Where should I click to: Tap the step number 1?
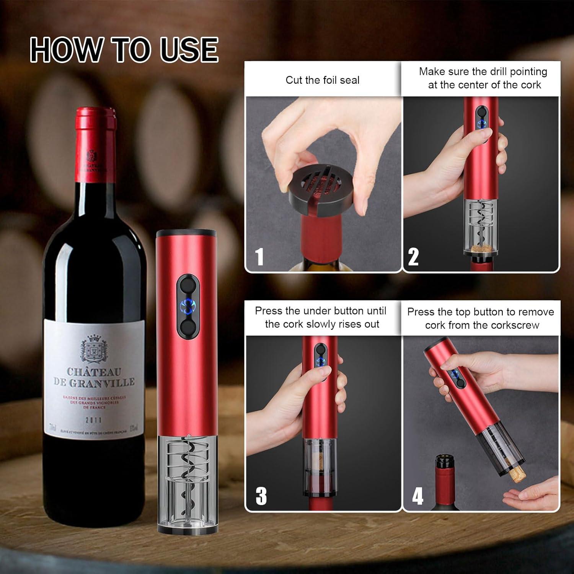[x=259, y=256]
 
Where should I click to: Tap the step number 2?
[x=413, y=256]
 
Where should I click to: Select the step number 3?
[x=261, y=496]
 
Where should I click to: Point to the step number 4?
[x=417, y=496]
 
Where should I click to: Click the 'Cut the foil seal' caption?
[x=322, y=80]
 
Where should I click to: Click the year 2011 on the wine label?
[x=93, y=420]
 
